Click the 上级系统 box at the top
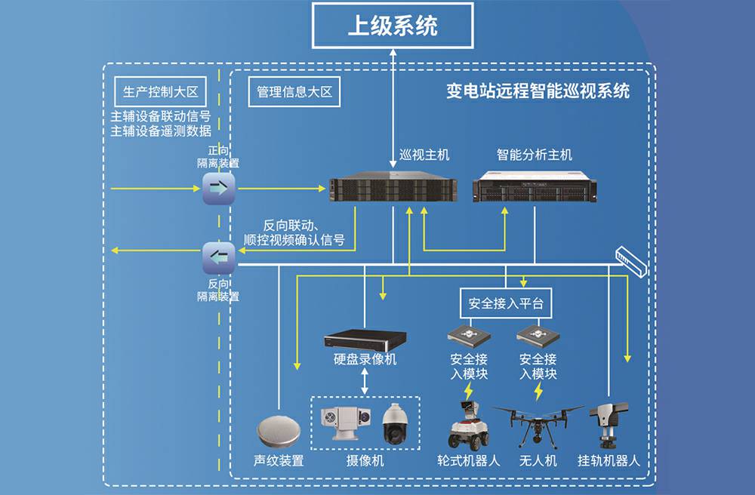coord(393,26)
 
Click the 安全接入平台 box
coord(506,303)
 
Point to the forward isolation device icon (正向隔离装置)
coord(219,189)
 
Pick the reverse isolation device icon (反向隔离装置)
coord(219,259)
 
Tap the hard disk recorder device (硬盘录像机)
coord(365,340)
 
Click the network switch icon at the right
coord(631,260)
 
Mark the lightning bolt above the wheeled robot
coord(469,391)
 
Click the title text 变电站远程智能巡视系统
coord(538,92)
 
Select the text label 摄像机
coord(365,460)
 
